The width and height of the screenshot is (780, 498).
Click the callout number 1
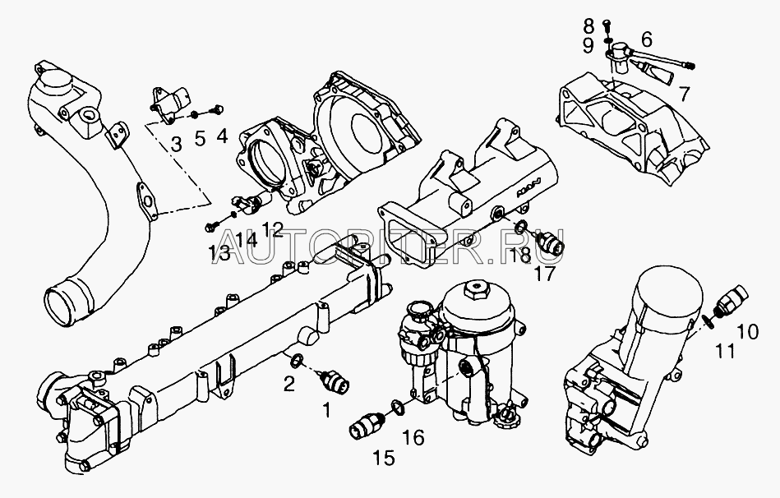[326, 410]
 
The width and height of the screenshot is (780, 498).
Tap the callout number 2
[289, 384]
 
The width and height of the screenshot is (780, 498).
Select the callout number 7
[685, 94]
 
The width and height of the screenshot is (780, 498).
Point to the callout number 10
[747, 331]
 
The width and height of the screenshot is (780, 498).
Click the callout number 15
[385, 457]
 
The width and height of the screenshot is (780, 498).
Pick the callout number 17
[545, 273]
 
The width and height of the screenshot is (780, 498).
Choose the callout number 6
[646, 39]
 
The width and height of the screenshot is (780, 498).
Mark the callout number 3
[176, 145]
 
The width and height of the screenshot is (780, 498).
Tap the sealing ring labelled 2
[296, 360]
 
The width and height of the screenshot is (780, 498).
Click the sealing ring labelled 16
[398, 406]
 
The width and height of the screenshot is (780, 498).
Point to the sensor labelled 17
[551, 242]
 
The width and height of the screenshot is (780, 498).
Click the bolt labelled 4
[216, 108]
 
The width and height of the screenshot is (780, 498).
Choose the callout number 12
[272, 228]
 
